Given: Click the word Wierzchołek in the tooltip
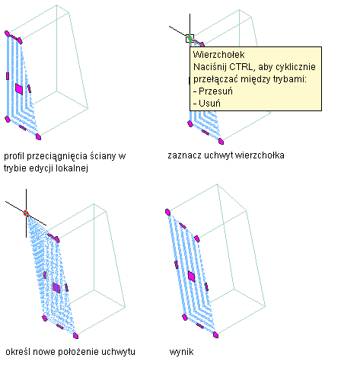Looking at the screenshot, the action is click(218, 55).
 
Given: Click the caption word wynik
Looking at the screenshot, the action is click(181, 352).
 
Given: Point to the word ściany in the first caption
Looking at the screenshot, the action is click(104, 156).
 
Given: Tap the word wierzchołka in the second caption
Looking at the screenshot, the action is click(260, 155).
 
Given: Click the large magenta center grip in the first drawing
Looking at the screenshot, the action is click(19, 89).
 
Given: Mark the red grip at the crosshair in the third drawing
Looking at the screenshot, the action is click(26, 213).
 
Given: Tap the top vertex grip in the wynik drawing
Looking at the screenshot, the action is click(167, 213).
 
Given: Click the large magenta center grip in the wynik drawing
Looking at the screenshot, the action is click(192, 277).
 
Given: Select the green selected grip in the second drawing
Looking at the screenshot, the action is click(190, 38).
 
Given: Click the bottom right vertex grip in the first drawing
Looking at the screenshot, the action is click(38, 137).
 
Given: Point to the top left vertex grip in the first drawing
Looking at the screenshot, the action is click(7, 34).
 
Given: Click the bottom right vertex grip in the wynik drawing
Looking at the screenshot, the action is click(215, 335).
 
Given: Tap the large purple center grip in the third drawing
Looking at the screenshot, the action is click(56, 288).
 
